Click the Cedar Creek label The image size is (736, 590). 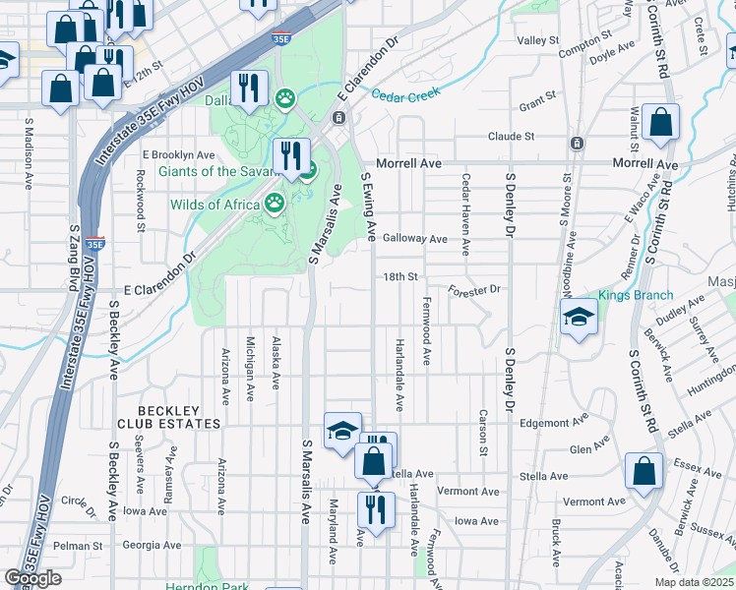404,94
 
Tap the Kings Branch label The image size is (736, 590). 636,295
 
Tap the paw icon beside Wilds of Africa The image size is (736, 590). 276,204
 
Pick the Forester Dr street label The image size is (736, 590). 475,290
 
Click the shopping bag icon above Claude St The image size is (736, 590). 660,124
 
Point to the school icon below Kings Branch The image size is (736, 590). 579,318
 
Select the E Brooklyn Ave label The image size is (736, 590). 178,155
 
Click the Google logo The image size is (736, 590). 32,578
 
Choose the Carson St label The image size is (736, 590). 483,433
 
